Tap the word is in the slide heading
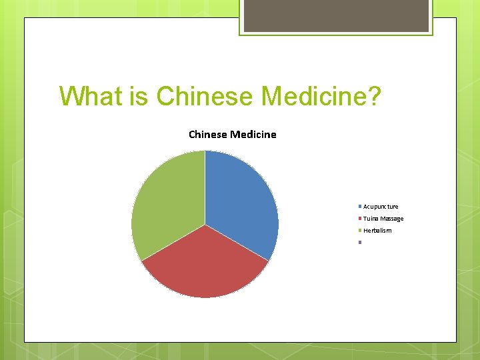(139, 96)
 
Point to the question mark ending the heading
(375, 96)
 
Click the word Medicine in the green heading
(313, 96)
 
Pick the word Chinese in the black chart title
(208, 135)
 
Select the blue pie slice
(243, 200)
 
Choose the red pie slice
(205, 267)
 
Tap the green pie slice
(167, 200)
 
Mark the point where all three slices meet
(205, 224)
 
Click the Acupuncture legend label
(381, 207)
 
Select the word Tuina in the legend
(371, 219)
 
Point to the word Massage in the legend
(391, 219)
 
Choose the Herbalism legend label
(377, 231)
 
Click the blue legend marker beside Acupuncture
(360, 206)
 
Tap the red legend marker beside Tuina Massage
(360, 218)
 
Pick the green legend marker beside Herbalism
(360, 230)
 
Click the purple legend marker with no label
(360, 242)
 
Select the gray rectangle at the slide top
(336, 15)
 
